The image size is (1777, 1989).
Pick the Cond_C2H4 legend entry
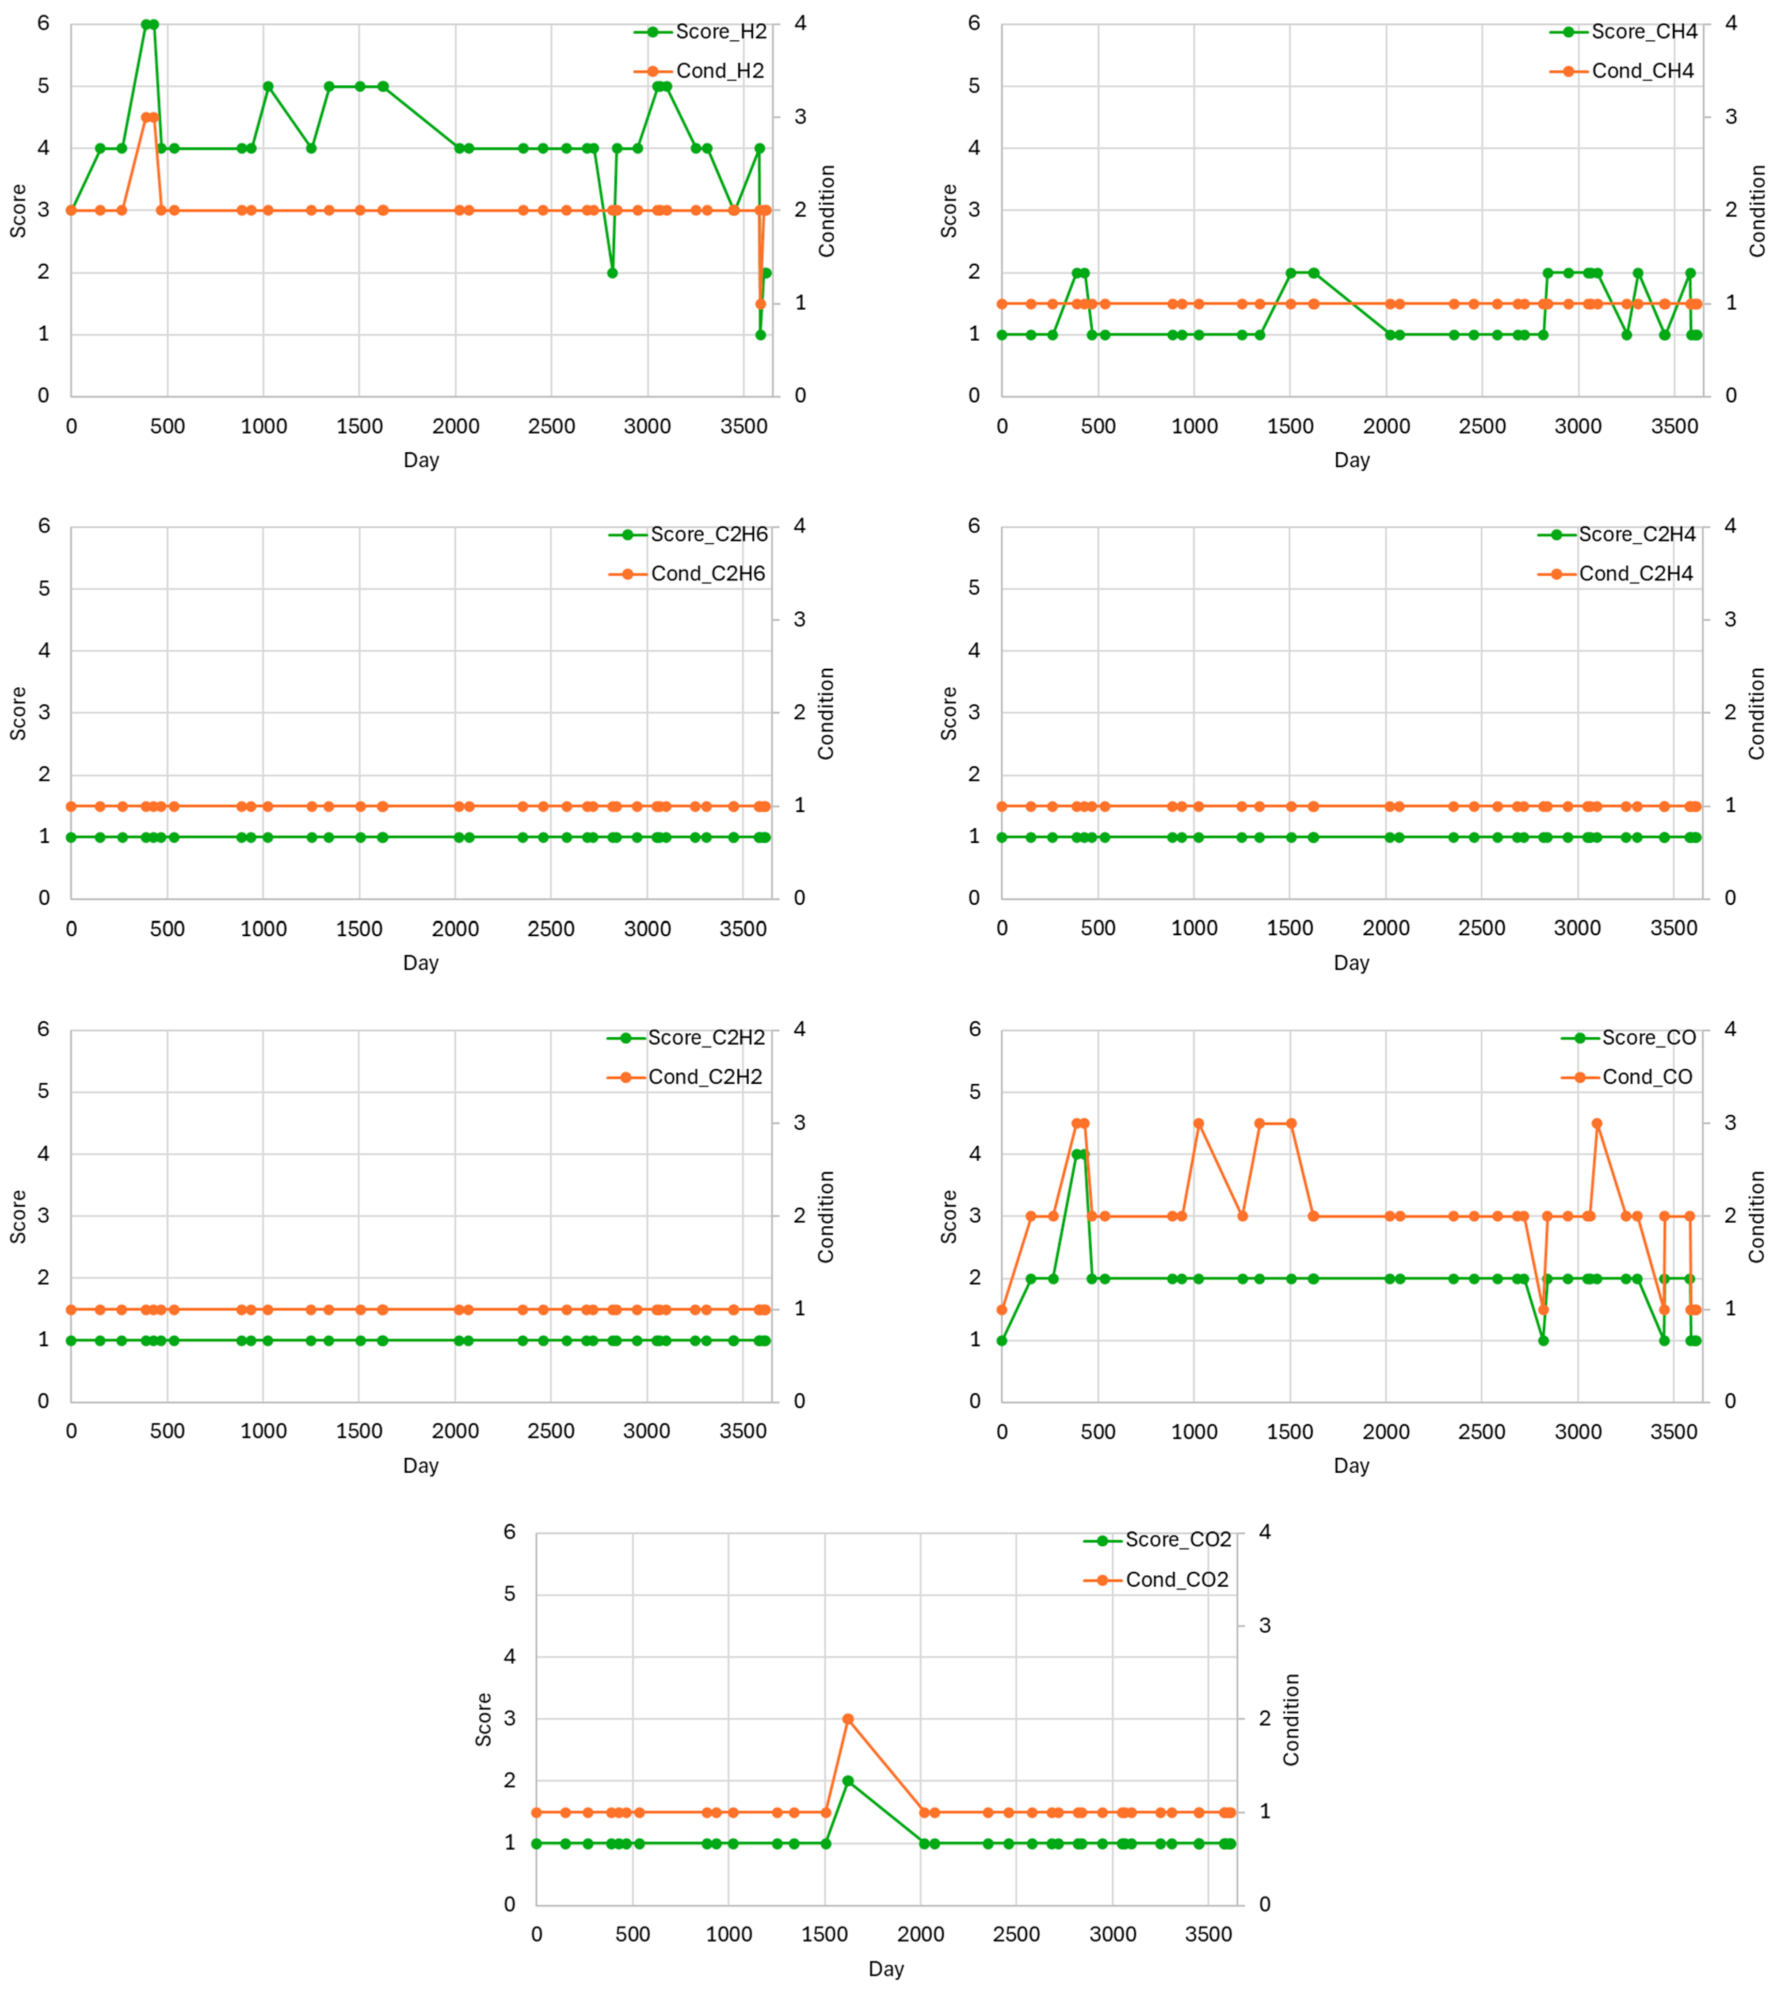click(x=1636, y=574)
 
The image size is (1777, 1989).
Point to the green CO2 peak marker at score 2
click(x=847, y=1781)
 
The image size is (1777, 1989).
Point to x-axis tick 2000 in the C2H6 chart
click(x=455, y=929)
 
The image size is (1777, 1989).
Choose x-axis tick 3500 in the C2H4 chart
click(x=1674, y=929)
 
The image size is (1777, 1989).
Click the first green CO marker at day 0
click(x=1002, y=1341)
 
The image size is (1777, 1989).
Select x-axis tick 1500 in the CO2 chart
click(x=825, y=1934)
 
